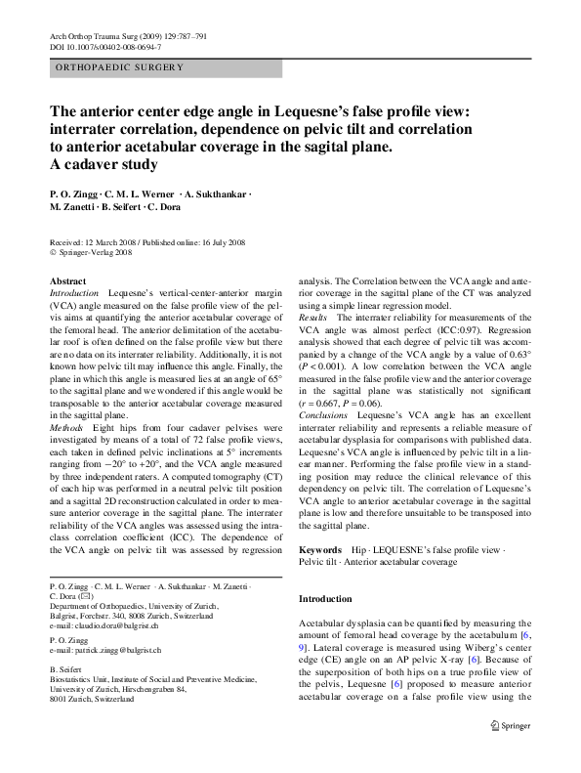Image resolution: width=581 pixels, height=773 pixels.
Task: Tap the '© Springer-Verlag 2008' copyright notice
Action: coord(92,252)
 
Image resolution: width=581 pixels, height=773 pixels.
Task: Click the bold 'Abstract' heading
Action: coord(67,281)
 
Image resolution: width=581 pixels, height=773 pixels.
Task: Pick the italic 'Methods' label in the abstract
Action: coord(65,428)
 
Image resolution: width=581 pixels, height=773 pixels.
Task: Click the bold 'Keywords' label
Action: coord(320,551)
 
